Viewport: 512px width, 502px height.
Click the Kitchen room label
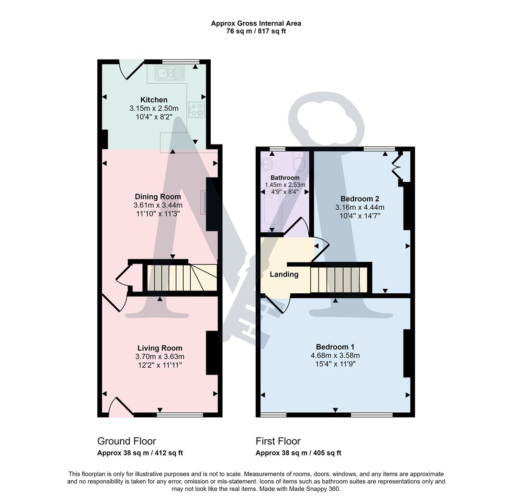(154, 100)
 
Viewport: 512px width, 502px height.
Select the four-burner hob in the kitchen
(197, 110)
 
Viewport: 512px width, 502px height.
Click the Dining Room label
(158, 197)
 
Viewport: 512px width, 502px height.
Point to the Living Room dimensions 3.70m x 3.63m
(160, 357)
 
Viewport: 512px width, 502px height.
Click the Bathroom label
(285, 178)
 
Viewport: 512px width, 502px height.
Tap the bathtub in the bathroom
(271, 211)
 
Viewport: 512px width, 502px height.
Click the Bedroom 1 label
(335, 347)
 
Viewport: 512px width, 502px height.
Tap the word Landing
(284, 274)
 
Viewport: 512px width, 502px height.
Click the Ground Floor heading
(126, 441)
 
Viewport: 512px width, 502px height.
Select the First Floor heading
(278, 441)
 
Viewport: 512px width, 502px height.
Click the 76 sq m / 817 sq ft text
(256, 32)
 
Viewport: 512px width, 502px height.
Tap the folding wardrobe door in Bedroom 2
(396, 166)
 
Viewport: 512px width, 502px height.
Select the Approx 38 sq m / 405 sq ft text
(298, 453)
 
